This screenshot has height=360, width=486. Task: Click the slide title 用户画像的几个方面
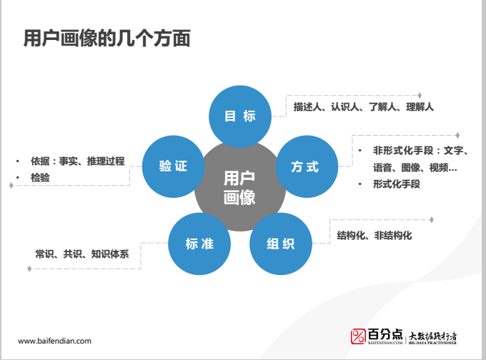tap(107, 38)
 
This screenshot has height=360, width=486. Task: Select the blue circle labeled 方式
tap(305, 167)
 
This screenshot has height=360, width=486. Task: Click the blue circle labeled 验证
tap(174, 166)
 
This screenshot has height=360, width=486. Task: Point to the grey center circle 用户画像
tap(239, 188)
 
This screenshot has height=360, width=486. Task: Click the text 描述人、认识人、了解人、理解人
tap(363, 106)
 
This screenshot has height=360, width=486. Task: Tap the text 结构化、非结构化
tap(375, 235)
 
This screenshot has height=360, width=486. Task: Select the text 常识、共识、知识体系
tap(82, 253)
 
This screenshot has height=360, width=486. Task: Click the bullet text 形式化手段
tap(395, 184)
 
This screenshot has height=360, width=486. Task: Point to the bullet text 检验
tap(40, 177)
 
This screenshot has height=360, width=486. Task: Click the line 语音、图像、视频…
tap(415, 168)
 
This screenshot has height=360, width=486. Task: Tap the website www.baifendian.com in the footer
tap(54, 341)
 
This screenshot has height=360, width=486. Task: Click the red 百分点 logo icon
tap(358, 336)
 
